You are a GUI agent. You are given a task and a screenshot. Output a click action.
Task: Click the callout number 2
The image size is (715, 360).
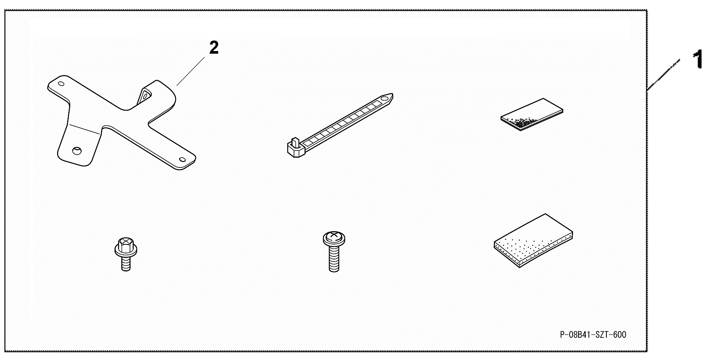[x=214, y=48]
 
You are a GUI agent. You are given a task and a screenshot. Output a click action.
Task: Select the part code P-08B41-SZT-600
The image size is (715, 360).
[x=593, y=334]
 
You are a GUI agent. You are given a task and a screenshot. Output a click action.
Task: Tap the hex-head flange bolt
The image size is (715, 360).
[x=126, y=254]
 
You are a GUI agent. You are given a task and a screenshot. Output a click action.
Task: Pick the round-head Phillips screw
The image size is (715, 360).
[x=334, y=252]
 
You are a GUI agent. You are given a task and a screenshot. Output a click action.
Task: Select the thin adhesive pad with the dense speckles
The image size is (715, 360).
[x=532, y=114]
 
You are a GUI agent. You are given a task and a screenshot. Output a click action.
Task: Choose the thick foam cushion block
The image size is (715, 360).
[x=533, y=241]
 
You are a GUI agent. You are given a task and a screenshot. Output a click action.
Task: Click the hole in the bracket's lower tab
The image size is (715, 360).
[x=77, y=150]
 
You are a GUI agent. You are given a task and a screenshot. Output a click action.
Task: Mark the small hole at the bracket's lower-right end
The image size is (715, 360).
[x=183, y=160]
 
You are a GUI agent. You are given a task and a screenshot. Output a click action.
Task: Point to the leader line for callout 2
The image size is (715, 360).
[x=191, y=71]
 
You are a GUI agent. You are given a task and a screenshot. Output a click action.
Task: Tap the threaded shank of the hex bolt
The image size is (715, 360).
[x=126, y=263]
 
